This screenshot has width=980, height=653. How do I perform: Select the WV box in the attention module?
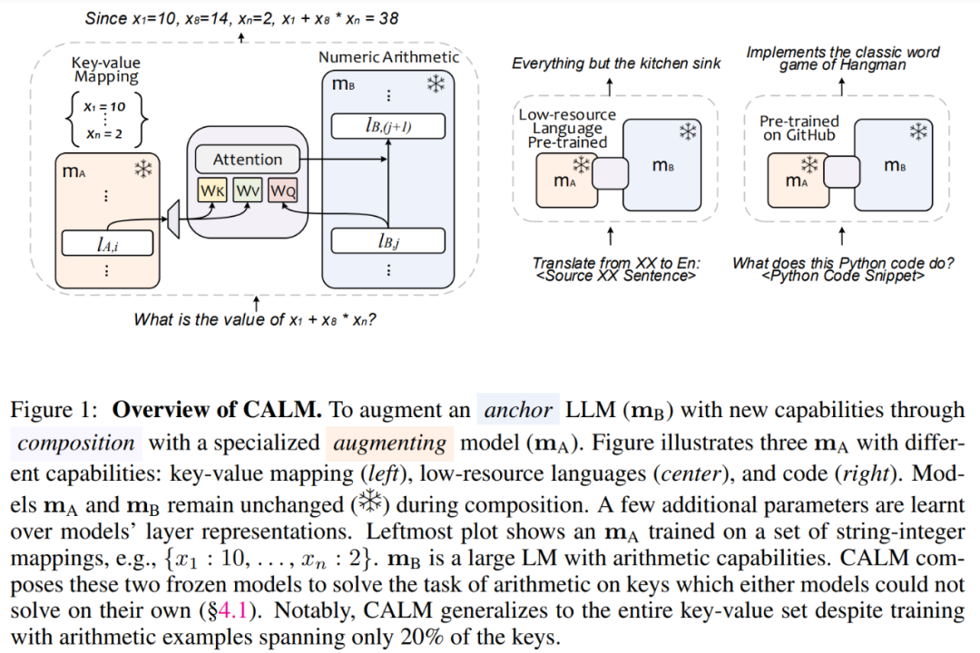tap(248, 191)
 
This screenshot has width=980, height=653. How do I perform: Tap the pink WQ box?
tap(282, 191)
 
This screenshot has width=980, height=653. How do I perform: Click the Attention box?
tap(247, 160)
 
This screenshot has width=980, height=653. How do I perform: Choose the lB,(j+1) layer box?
tap(387, 125)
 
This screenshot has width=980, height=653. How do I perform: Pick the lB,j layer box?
tap(387, 240)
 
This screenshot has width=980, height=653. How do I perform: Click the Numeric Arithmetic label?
tap(388, 57)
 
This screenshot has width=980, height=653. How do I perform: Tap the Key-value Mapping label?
tap(105, 70)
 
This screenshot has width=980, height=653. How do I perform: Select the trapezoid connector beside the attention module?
tap(173, 219)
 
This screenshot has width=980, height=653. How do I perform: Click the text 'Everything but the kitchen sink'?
tap(616, 63)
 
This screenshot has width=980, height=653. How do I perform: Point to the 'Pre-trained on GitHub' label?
tap(799, 128)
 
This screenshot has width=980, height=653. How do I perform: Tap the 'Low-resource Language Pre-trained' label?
tap(568, 128)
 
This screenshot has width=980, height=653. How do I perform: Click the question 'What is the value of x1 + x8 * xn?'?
tap(255, 319)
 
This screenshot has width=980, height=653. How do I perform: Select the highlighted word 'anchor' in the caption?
tap(518, 410)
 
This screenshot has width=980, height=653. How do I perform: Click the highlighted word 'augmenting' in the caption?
tap(389, 443)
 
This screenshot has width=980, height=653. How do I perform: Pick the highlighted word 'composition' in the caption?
tap(76, 443)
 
